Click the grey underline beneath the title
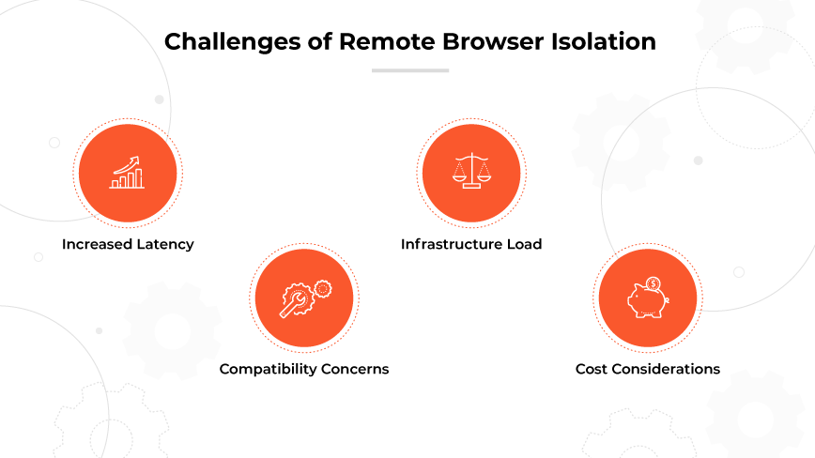[409, 69]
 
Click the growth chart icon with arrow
[127, 173]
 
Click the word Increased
[95, 244]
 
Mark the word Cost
[592, 369]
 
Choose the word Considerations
[666, 369]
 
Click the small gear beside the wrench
[322, 289]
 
